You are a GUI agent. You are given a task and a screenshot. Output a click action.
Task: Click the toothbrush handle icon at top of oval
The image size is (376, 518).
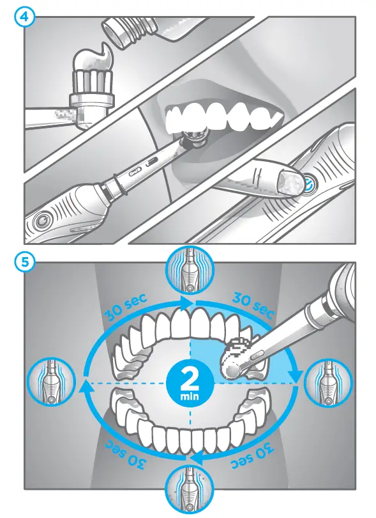pos(190,269)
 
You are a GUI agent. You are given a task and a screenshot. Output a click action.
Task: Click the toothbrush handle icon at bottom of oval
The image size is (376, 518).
pos(190,493)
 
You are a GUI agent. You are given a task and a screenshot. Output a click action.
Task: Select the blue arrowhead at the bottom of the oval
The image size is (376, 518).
pos(199,458)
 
